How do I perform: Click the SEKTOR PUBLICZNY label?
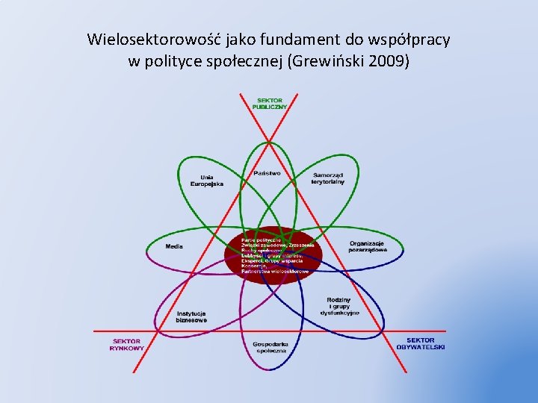(271, 103)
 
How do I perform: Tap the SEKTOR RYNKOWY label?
(126, 344)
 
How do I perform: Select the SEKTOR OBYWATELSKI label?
(421, 344)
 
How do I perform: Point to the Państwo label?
(267, 172)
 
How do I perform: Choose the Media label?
(175, 246)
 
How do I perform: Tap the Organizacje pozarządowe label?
(368, 246)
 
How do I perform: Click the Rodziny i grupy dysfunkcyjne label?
(343, 306)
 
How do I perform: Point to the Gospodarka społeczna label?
(270, 346)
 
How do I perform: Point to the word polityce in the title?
(167, 61)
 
